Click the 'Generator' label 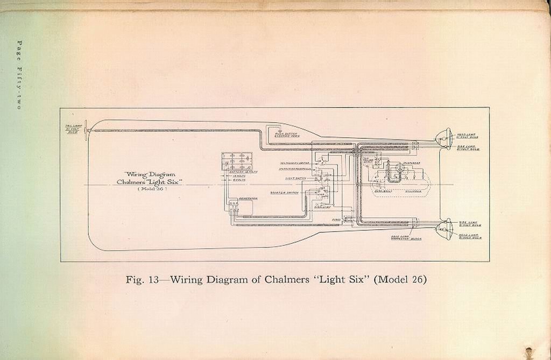[248, 198]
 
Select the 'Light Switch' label [295, 178]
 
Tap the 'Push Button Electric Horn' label [287, 134]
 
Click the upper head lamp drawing [444, 138]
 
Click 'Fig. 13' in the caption [141, 280]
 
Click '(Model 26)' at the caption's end [400, 280]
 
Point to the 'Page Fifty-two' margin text [19, 75]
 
